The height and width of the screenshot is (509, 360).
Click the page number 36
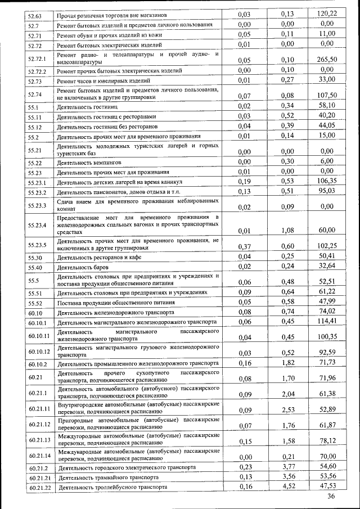point(330,496)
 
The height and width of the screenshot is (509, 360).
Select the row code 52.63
point(36,14)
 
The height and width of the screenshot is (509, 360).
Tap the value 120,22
point(327,13)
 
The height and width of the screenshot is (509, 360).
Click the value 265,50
point(327,60)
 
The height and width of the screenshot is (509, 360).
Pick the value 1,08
point(288,230)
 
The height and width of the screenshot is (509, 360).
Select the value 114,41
point(327,321)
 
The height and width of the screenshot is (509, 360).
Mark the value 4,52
point(288,485)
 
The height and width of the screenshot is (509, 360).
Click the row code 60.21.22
point(40,488)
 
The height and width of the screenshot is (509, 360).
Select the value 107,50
point(327,95)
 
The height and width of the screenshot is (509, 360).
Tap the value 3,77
point(288,466)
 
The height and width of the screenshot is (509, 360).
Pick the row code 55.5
point(34,280)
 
